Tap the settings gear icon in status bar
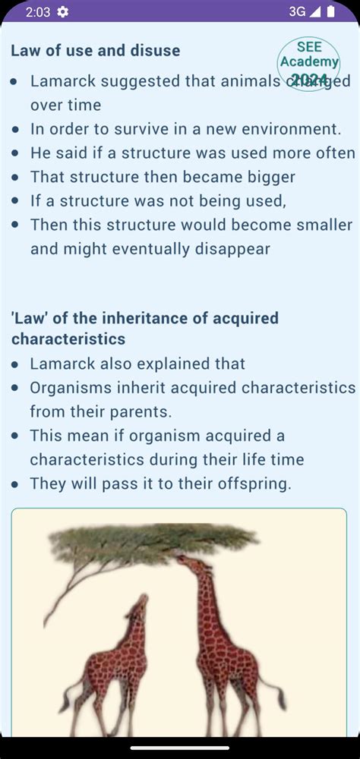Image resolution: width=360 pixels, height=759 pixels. pyautogui.click(x=62, y=11)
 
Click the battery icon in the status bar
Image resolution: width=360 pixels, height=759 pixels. pyautogui.click(x=331, y=11)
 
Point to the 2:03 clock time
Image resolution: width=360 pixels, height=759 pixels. pyautogui.click(x=38, y=12)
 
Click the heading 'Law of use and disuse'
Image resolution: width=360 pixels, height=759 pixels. pyautogui.click(x=96, y=50)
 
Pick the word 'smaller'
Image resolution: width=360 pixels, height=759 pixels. pyautogui.click(x=322, y=225)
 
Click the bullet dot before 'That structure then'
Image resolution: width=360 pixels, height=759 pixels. pyautogui.click(x=17, y=177)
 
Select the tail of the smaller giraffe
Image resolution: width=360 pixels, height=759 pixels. pyautogui.click(x=71, y=691)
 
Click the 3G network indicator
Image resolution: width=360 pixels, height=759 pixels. pyautogui.click(x=297, y=11)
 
